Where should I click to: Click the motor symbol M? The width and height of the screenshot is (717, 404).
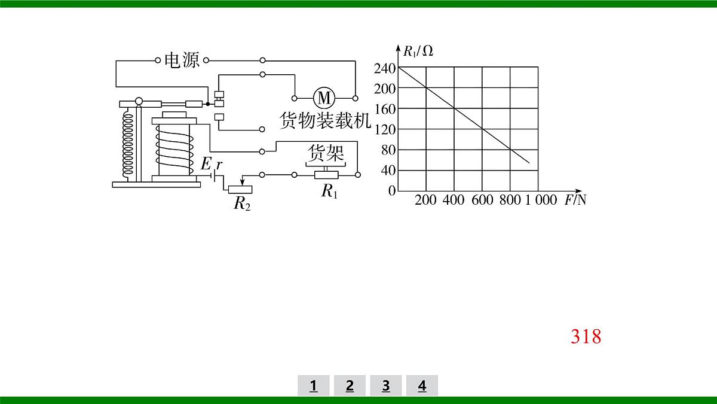(324, 98)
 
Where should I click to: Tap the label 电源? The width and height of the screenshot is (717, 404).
(182, 60)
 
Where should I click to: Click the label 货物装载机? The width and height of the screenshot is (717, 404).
(325, 120)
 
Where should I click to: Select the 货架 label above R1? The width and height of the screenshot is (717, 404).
(326, 153)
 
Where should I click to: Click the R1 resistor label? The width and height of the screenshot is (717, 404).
(329, 191)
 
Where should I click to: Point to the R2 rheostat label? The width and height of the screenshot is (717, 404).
(242, 203)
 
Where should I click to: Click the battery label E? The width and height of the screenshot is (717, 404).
(206, 164)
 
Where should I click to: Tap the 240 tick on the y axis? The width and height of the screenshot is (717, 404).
(385, 68)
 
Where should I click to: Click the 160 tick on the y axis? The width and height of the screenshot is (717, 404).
(385, 110)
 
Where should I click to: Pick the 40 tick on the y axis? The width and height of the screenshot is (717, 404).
(388, 171)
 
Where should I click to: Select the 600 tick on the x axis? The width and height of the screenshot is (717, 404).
(482, 200)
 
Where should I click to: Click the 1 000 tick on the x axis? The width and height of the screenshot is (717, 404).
(541, 200)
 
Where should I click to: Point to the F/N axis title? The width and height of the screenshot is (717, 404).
(575, 200)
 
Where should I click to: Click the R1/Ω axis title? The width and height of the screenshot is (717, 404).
(418, 51)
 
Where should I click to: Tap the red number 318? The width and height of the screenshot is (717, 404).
(586, 336)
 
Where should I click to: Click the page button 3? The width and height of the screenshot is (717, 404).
(386, 385)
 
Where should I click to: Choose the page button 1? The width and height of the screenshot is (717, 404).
(313, 385)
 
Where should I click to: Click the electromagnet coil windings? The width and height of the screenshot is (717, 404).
(174, 150)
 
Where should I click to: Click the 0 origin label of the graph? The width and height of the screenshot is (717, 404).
(392, 191)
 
